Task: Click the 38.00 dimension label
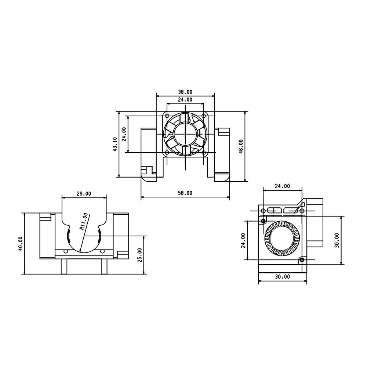pyautogui.click(x=185, y=92)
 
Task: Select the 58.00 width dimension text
pyautogui.click(x=185, y=193)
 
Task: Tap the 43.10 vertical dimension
pyautogui.click(x=115, y=144)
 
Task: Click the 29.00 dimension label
pyautogui.click(x=84, y=193)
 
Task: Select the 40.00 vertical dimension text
pyautogui.click(x=20, y=243)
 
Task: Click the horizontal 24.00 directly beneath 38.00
pyautogui.click(x=185, y=99)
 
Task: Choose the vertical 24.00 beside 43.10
pyautogui.click(x=124, y=134)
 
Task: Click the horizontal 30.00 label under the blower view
pyautogui.click(x=282, y=277)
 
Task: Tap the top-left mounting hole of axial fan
pyautogui.click(x=167, y=116)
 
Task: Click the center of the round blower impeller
pyautogui.click(x=281, y=239)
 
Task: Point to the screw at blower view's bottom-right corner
pyautogui.click(x=301, y=260)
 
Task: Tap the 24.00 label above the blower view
pyautogui.click(x=282, y=186)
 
